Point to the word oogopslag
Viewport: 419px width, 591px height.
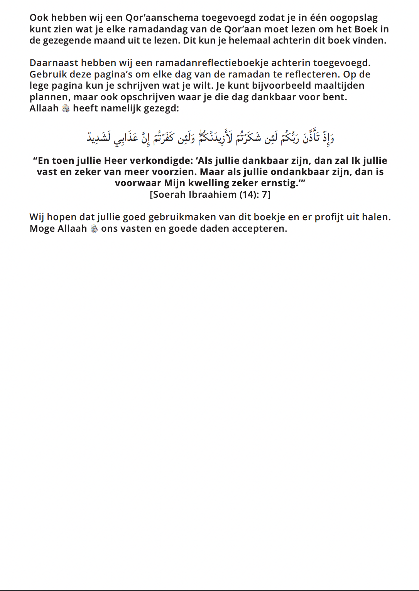(353, 18)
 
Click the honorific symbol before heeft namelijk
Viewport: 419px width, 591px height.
(66, 109)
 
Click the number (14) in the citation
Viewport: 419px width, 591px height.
(249, 195)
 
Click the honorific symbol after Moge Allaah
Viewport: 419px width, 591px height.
(94, 229)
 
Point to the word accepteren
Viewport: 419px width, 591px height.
(262, 229)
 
